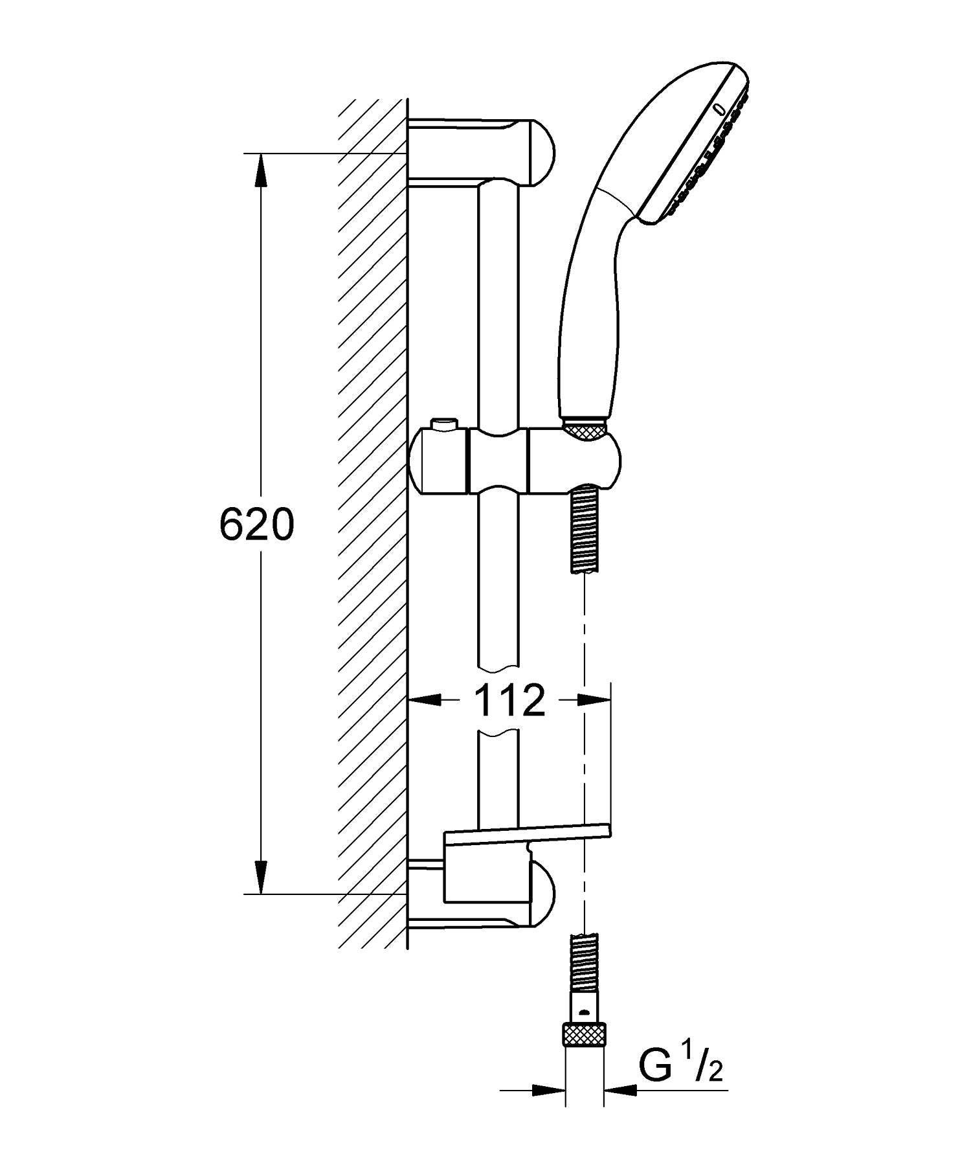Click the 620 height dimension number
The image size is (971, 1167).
click(256, 525)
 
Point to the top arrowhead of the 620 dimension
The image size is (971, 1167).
click(260, 170)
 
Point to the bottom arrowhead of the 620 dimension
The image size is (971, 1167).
click(260, 879)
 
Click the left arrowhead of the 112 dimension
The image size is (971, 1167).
click(426, 700)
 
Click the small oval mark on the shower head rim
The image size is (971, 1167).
click(719, 110)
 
